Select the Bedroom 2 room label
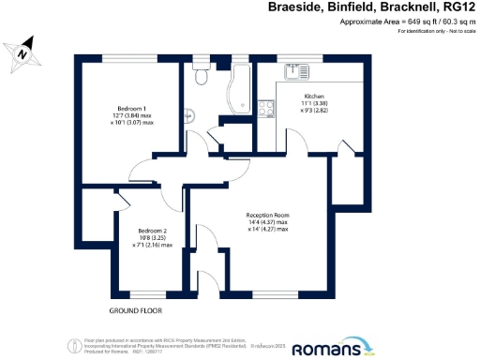coord(152,231)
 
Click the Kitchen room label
coord(313,97)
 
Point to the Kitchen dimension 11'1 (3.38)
coord(313,105)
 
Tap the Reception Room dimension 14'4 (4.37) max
coord(267,222)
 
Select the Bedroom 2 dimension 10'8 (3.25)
coord(152,238)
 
